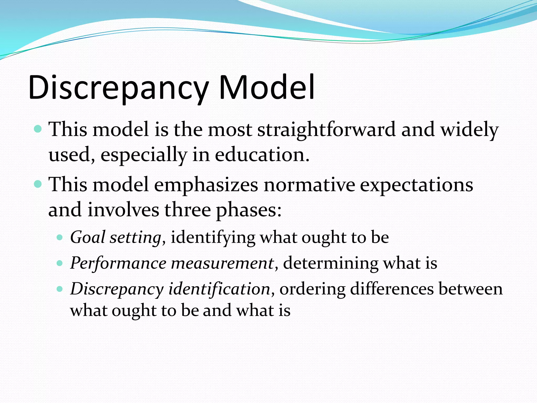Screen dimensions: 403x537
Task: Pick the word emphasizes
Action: click(206, 185)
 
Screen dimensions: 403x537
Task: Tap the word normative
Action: click(309, 185)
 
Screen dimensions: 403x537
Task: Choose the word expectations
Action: click(417, 185)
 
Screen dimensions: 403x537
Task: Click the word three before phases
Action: click(187, 210)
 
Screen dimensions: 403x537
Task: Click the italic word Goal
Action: click(88, 237)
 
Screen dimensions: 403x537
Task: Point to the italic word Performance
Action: click(118, 263)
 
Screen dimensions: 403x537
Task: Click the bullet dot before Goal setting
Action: click(60, 238)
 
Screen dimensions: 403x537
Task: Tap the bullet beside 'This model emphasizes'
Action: click(38, 184)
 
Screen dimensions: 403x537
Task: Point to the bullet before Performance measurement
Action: click(60, 263)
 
